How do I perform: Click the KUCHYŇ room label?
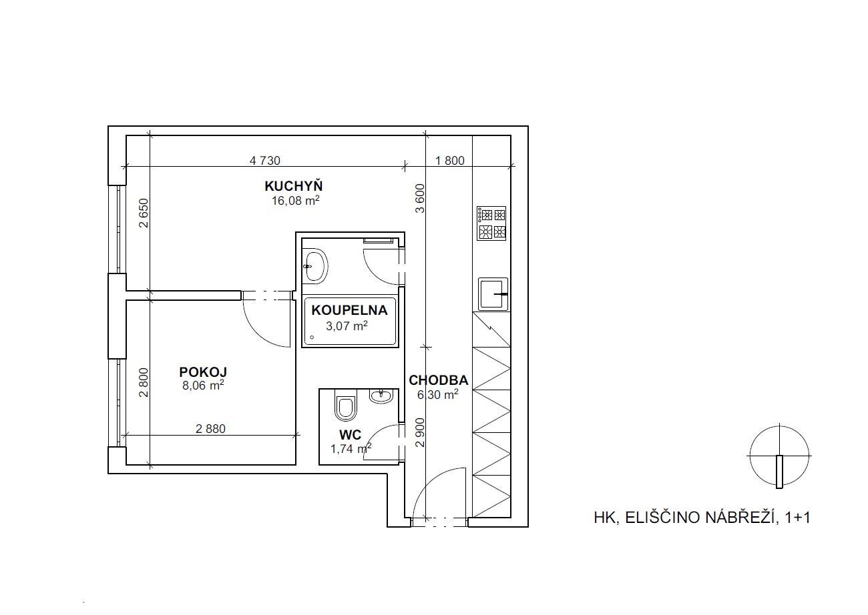[x=293, y=186]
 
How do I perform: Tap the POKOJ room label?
[x=203, y=372]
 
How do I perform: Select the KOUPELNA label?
[x=349, y=310]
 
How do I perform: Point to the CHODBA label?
[x=438, y=380]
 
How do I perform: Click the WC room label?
[x=351, y=435]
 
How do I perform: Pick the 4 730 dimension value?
[x=264, y=161]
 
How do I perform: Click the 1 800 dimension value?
[x=449, y=161]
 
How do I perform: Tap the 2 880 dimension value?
[x=210, y=428]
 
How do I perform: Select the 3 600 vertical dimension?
[x=420, y=198]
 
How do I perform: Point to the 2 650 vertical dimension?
[x=144, y=213]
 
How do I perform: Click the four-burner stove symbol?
[x=491, y=223]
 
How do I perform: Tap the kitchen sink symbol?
[x=493, y=294]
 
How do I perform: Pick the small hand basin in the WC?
[x=381, y=396]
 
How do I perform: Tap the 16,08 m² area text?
[x=295, y=201]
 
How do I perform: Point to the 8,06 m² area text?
[x=203, y=386]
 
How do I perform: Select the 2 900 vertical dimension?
[x=420, y=432]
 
